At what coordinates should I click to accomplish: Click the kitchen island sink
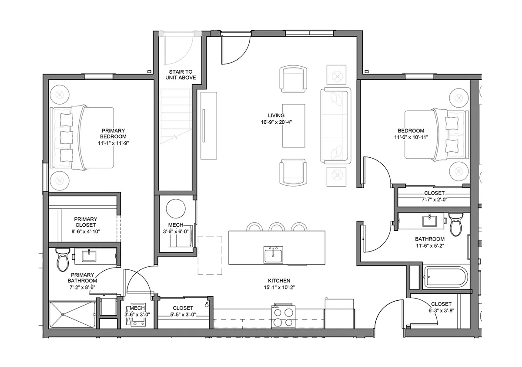tap(273, 255)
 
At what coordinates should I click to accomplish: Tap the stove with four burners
tap(283, 316)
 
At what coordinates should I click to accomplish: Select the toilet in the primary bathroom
tap(63, 260)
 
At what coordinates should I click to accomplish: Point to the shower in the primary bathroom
tap(72, 315)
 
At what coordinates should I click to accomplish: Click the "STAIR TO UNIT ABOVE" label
tap(181, 75)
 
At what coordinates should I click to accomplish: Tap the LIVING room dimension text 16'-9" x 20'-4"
tap(276, 122)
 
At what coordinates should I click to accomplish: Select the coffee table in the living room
tap(294, 126)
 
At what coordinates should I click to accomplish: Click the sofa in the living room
tap(335, 126)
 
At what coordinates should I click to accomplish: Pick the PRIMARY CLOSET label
tap(85, 222)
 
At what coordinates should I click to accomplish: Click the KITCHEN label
tap(279, 281)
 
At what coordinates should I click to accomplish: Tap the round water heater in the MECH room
tap(176, 209)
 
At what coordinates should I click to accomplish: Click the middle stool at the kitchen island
tap(277, 227)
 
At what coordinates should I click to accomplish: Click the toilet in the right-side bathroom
tap(456, 224)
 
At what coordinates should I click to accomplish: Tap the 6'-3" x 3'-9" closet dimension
tap(441, 310)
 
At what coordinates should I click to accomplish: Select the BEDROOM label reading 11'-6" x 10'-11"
tap(411, 134)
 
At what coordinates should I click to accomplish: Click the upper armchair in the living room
tap(293, 79)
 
